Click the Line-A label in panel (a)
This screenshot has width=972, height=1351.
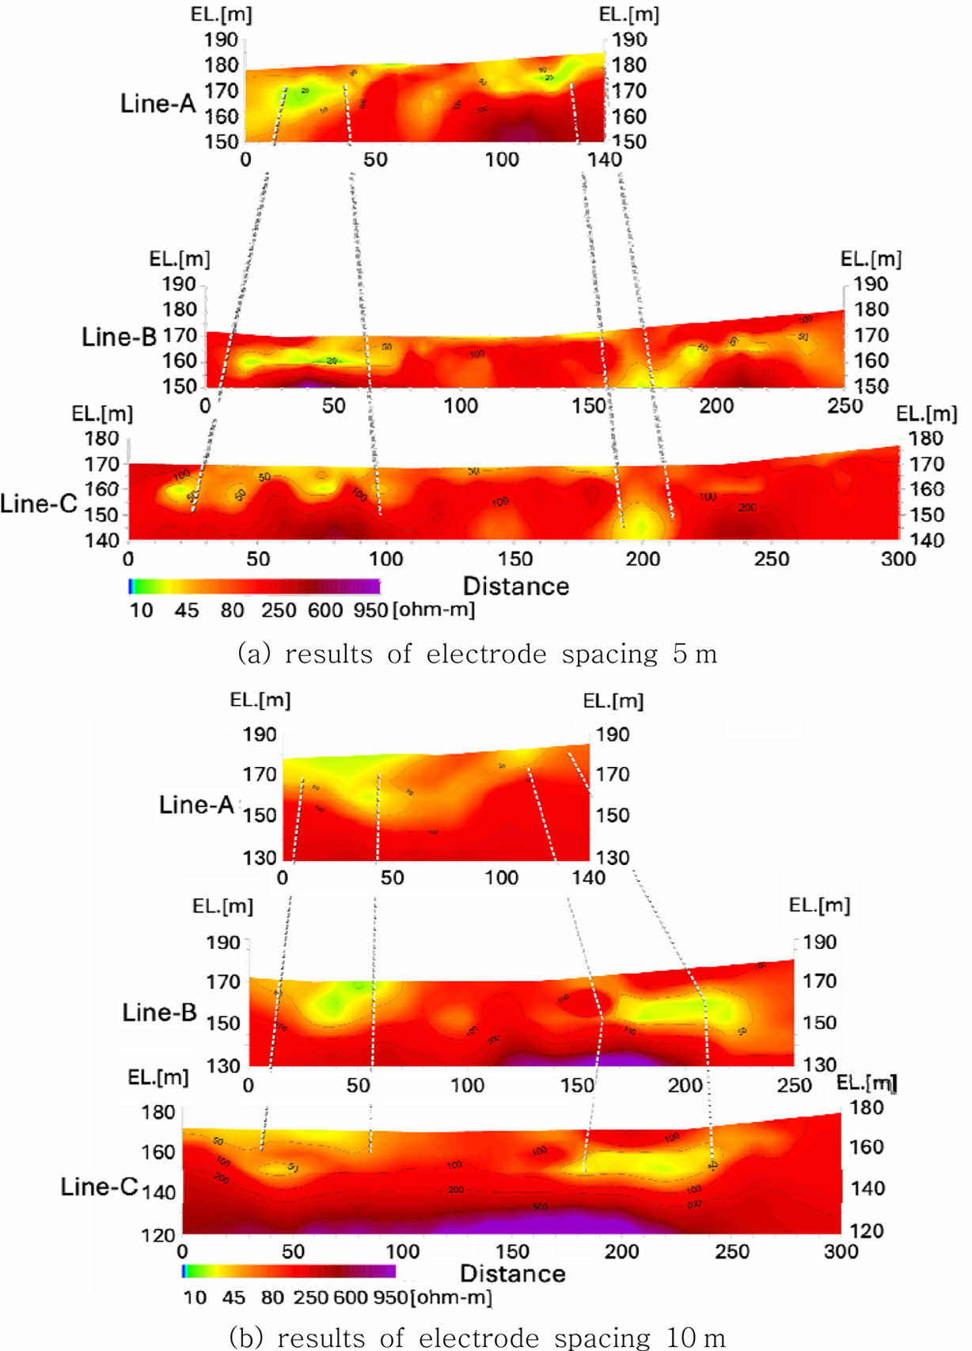[x=158, y=103]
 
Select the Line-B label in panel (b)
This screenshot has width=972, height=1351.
[x=159, y=1012]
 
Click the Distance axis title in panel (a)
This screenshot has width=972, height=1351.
[x=515, y=586]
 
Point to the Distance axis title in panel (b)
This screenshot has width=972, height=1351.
[x=512, y=1273]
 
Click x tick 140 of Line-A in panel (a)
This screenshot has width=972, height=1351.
[x=604, y=160]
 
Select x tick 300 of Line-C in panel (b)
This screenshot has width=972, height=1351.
[x=841, y=1251]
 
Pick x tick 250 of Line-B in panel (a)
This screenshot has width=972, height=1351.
[x=845, y=406]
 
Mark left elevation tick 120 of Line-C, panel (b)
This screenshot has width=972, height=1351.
[x=158, y=1235]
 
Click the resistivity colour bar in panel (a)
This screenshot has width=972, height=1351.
[x=254, y=586]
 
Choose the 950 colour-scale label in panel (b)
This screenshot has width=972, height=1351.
[x=390, y=1297]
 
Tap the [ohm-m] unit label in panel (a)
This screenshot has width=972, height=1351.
[x=434, y=610]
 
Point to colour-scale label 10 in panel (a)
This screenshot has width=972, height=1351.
[x=141, y=610]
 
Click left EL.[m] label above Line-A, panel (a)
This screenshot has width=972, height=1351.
[x=221, y=15]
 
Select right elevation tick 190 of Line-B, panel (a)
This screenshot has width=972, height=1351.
[x=871, y=284]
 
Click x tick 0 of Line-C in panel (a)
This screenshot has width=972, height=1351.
[x=128, y=560]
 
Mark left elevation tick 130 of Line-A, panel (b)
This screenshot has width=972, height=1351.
[x=260, y=858]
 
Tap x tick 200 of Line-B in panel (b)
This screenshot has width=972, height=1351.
[x=685, y=1085]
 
